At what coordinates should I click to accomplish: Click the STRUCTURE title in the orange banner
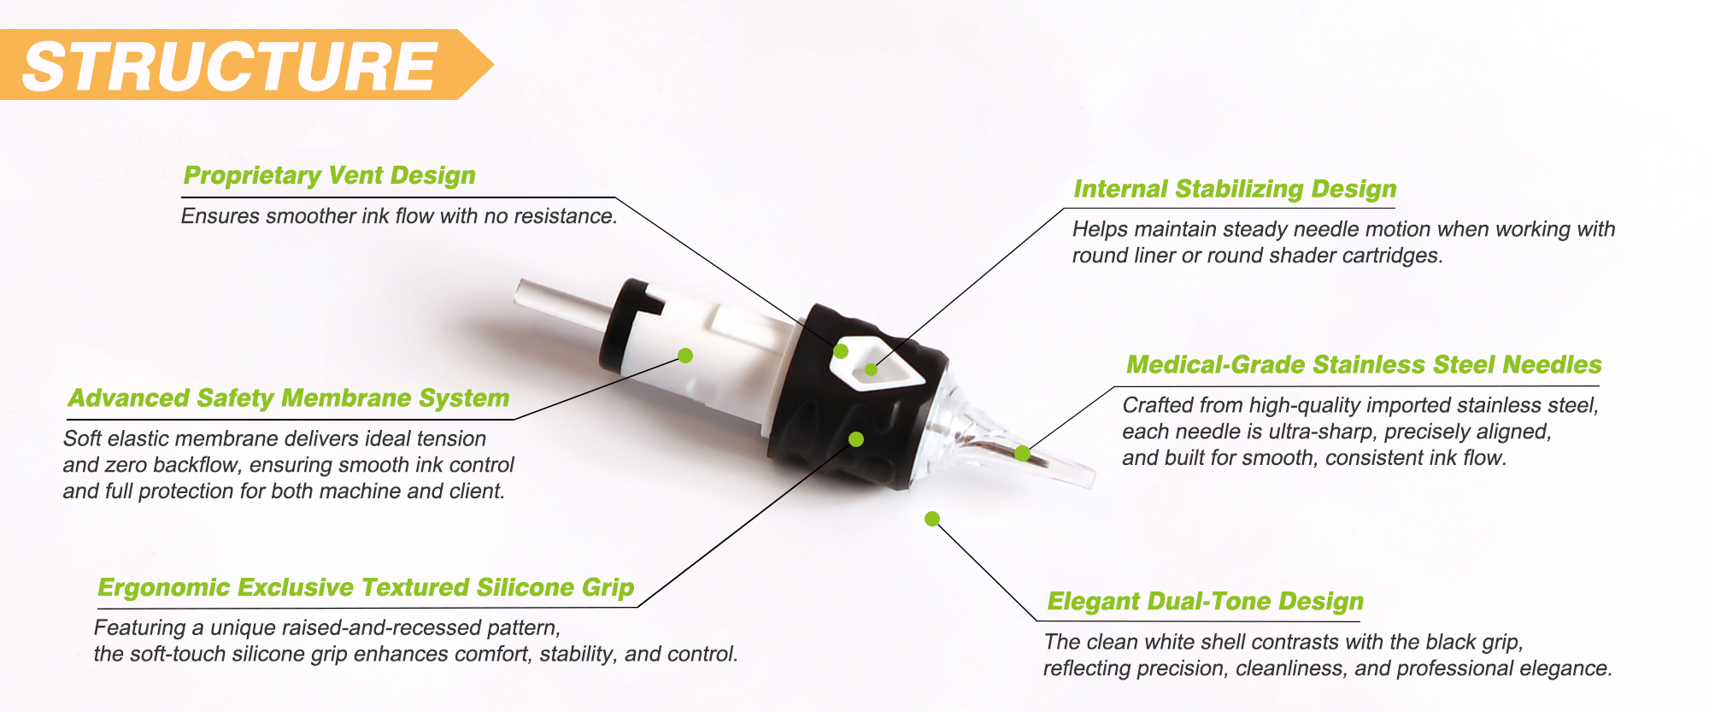(230, 66)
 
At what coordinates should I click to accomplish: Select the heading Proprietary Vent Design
(329, 175)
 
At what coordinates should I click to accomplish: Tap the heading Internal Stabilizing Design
(1235, 189)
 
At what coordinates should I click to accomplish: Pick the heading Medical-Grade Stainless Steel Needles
(1364, 365)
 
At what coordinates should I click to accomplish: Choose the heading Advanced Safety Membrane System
(289, 398)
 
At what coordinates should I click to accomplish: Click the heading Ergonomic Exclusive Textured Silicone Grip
(366, 588)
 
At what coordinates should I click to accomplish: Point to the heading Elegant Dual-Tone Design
(1206, 602)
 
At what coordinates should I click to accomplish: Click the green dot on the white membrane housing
(685, 355)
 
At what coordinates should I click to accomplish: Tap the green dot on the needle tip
(1022, 453)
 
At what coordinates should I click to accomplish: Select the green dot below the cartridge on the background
(932, 519)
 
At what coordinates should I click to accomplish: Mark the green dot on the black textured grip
(856, 439)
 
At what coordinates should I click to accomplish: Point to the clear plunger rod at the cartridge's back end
(561, 306)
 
